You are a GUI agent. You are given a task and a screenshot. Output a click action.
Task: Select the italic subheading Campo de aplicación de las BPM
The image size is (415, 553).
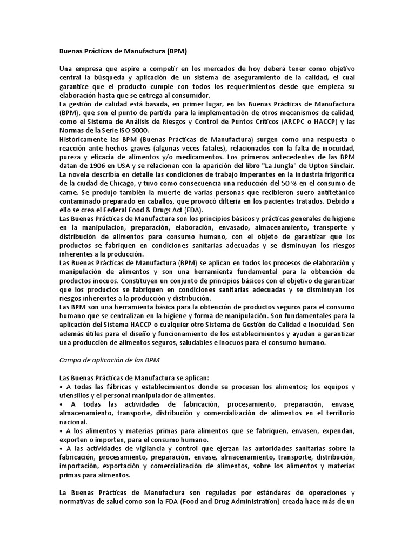[x=109, y=359]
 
